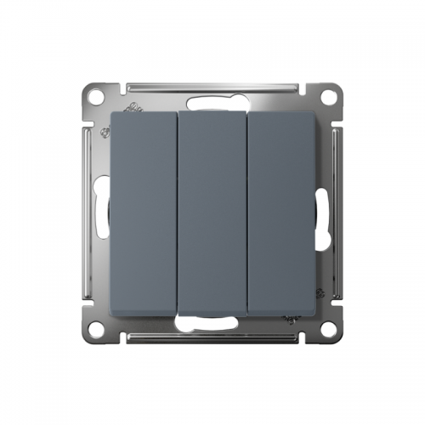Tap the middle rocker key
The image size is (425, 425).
click(x=212, y=212)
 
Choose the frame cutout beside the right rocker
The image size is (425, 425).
click(x=322, y=212)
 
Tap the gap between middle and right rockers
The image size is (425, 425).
click(x=247, y=212)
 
